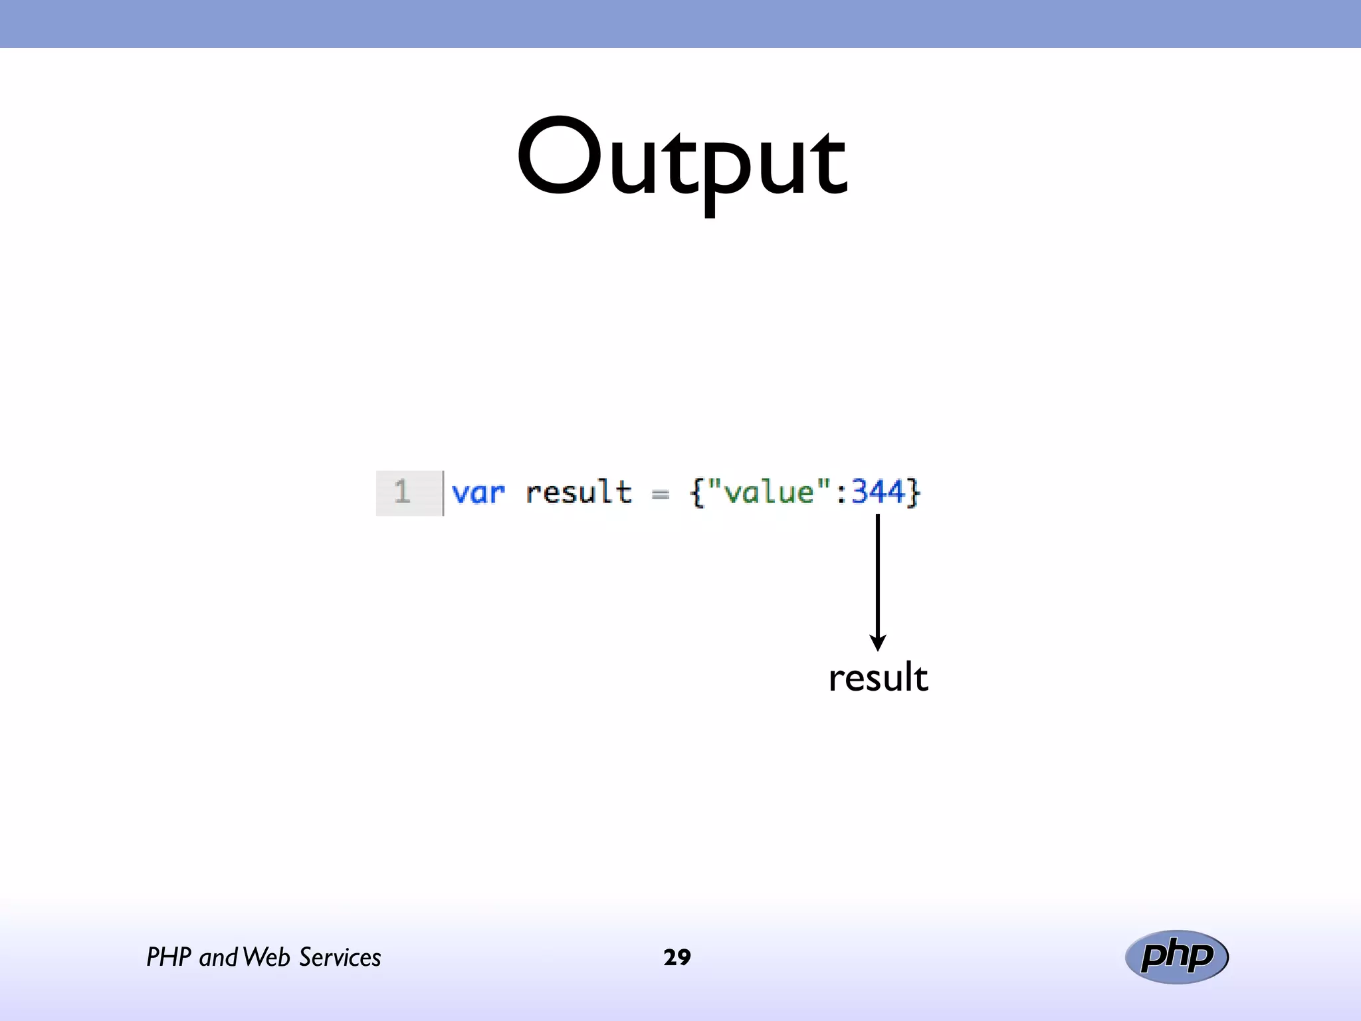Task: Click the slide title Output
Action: point(682,160)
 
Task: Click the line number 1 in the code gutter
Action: point(402,493)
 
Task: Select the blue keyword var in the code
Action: point(478,493)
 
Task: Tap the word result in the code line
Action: point(578,493)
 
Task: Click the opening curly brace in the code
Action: point(696,493)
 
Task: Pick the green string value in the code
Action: point(769,493)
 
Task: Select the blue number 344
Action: point(878,493)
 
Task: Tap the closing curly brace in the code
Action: point(914,493)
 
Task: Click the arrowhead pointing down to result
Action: point(878,642)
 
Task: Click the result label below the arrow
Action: point(878,678)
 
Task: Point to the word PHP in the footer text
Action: point(169,957)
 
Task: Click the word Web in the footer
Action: point(266,957)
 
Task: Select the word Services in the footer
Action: point(340,957)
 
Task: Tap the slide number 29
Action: point(677,957)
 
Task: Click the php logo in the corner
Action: point(1176,957)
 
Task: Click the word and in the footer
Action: point(218,958)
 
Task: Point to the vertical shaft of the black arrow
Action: point(878,572)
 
